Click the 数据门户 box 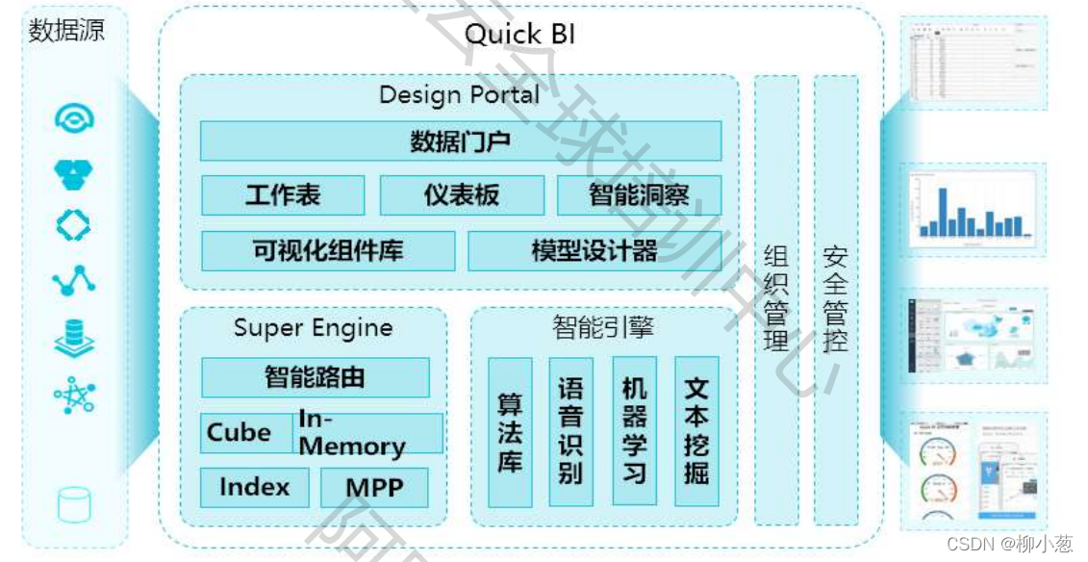[x=460, y=140]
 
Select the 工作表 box [x=283, y=195]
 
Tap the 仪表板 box [x=462, y=195]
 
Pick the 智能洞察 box [x=639, y=195]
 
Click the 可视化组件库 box [x=328, y=251]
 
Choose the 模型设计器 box [x=595, y=251]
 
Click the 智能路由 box [x=315, y=377]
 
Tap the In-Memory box [x=367, y=433]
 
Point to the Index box [x=254, y=488]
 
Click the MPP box [x=374, y=488]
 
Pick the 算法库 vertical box [x=510, y=432]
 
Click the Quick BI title [x=519, y=35]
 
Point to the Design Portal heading [x=459, y=95]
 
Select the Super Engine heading [x=314, y=328]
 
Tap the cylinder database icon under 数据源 [x=74, y=504]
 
